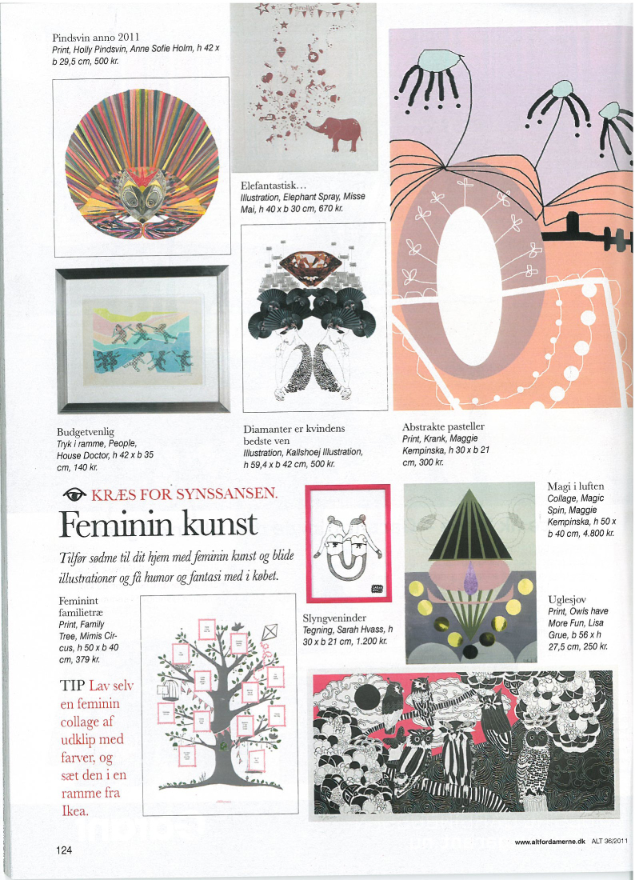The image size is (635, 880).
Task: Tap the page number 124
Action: click(65, 850)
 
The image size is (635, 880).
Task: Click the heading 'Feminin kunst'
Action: click(158, 524)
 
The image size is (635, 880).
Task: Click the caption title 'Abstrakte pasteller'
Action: click(443, 426)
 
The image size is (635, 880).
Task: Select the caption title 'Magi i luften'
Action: click(575, 486)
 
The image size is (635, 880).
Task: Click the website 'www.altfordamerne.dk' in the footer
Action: click(550, 841)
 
